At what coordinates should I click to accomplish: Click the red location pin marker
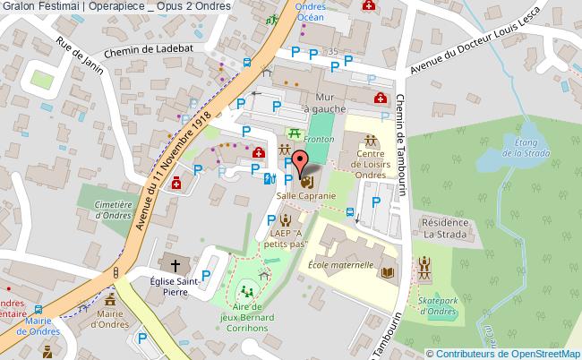[300, 165]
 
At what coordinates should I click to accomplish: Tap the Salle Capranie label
[306, 195]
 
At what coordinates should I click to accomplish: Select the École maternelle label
[340, 265]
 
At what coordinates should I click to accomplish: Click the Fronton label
[320, 141]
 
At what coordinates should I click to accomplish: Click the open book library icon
[388, 271]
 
